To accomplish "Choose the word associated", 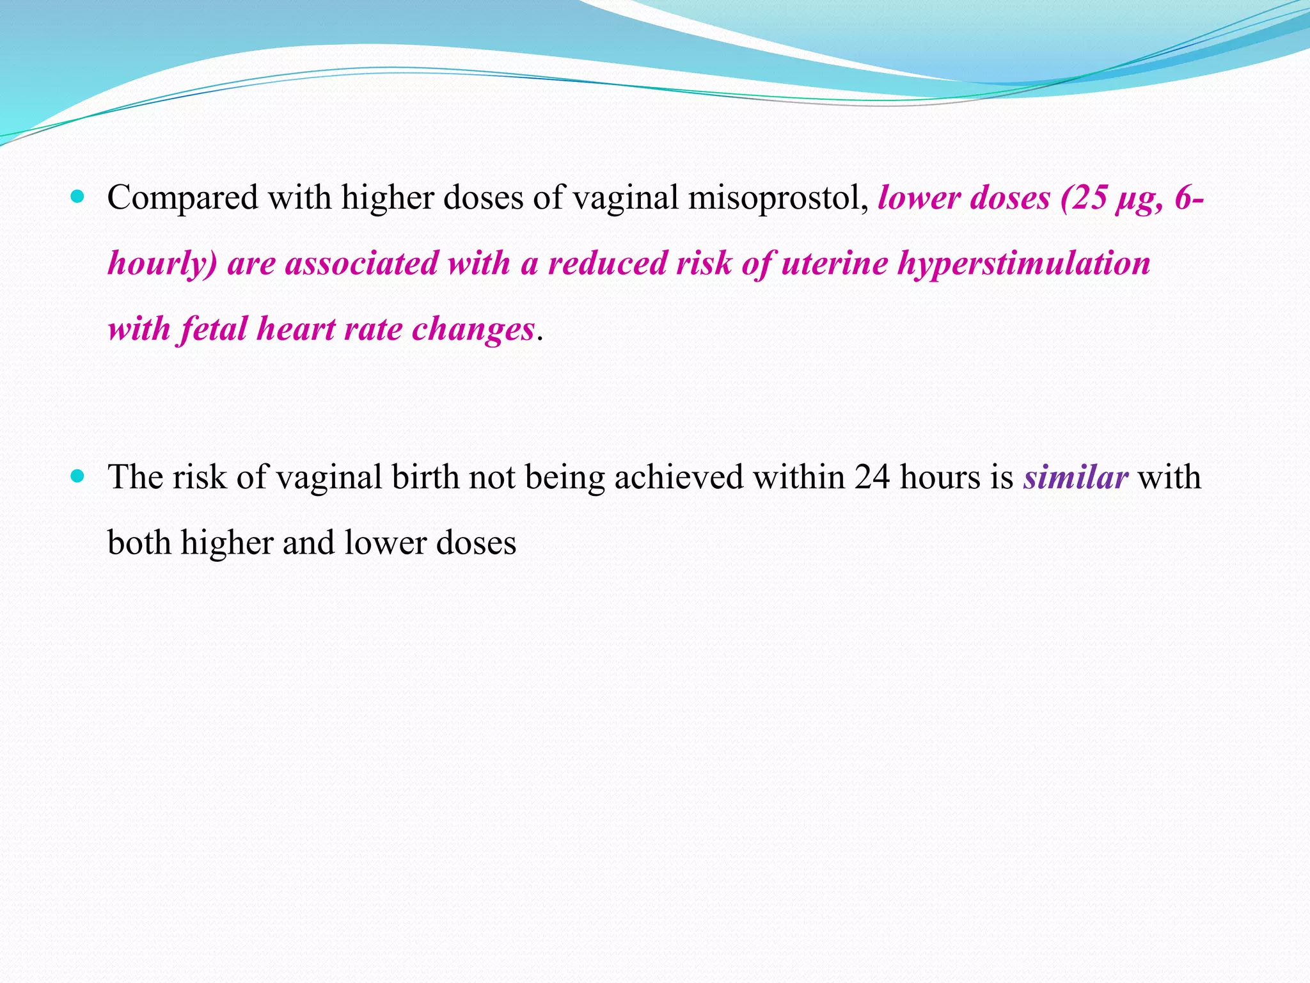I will tap(361, 264).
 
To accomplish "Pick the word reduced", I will tap(607, 264).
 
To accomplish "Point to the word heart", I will tap(296, 330).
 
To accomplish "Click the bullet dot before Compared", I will tap(78, 196).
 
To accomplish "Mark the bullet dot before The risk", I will tap(78, 476).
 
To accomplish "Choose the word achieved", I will tap(679, 477).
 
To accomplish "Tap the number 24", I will tap(872, 477).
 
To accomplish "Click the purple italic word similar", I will tap(1075, 477).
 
